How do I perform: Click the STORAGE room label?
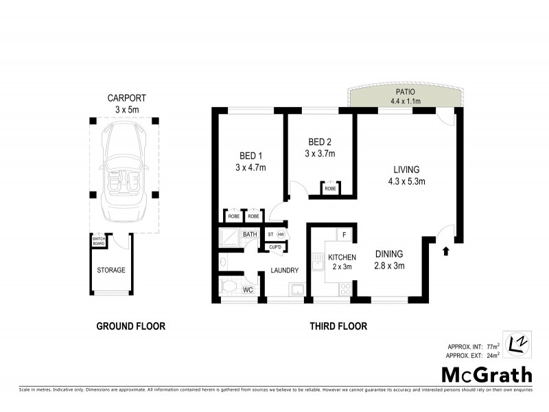pyautogui.click(x=110, y=270)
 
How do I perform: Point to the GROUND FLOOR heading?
pyautogui.click(x=130, y=326)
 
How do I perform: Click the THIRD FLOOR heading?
pyautogui.click(x=338, y=326)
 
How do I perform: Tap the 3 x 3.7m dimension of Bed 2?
pyautogui.click(x=320, y=154)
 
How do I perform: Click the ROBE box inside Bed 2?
pyautogui.click(x=330, y=188)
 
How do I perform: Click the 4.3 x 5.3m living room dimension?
pyautogui.click(x=406, y=182)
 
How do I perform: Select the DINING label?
pyautogui.click(x=389, y=253)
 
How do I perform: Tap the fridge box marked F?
pyautogui.click(x=344, y=236)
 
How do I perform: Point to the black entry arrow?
pyautogui.click(x=447, y=252)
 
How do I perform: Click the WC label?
pyautogui.click(x=248, y=290)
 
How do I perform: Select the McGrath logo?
pyautogui.click(x=486, y=375)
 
